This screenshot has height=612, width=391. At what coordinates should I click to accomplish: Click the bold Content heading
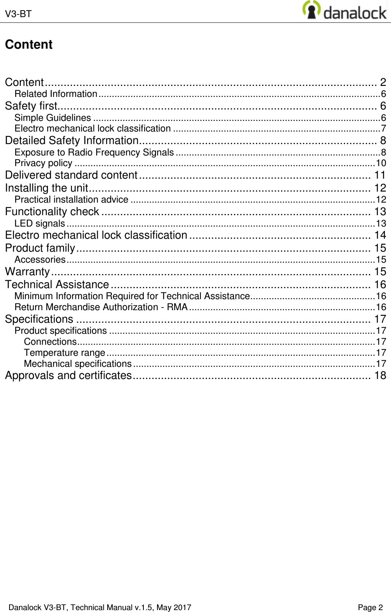point(29,44)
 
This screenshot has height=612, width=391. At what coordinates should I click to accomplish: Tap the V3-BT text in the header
point(18,14)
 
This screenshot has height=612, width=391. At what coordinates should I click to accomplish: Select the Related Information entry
point(56,94)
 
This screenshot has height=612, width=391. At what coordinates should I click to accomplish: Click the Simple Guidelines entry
point(52,118)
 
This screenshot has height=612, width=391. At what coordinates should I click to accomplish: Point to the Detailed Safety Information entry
point(72,141)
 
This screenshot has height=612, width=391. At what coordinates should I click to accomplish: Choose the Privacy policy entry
point(43,163)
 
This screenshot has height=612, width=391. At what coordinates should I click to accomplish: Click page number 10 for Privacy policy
point(381,163)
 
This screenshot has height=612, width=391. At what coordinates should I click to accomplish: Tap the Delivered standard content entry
point(71,175)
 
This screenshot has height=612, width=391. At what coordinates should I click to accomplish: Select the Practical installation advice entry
point(71,200)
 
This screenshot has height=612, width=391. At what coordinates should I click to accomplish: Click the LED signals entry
point(40,224)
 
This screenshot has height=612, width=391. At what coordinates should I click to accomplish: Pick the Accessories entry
point(40,260)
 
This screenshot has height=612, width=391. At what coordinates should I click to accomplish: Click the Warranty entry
point(27,272)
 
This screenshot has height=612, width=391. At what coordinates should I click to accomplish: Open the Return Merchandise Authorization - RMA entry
point(101,307)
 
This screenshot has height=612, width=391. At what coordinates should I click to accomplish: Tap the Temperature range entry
point(64,353)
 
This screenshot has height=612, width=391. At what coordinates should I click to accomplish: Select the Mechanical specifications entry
point(78,364)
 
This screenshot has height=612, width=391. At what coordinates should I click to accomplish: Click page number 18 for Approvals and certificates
point(380,376)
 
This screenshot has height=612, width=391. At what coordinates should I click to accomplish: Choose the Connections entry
point(50,342)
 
